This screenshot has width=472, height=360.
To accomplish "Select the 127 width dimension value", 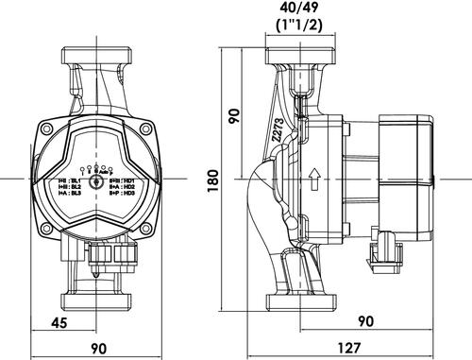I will click(x=350, y=347).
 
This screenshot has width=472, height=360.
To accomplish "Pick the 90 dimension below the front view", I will click(x=97, y=347).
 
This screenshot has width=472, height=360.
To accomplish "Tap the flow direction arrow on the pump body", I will click(x=312, y=178).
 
